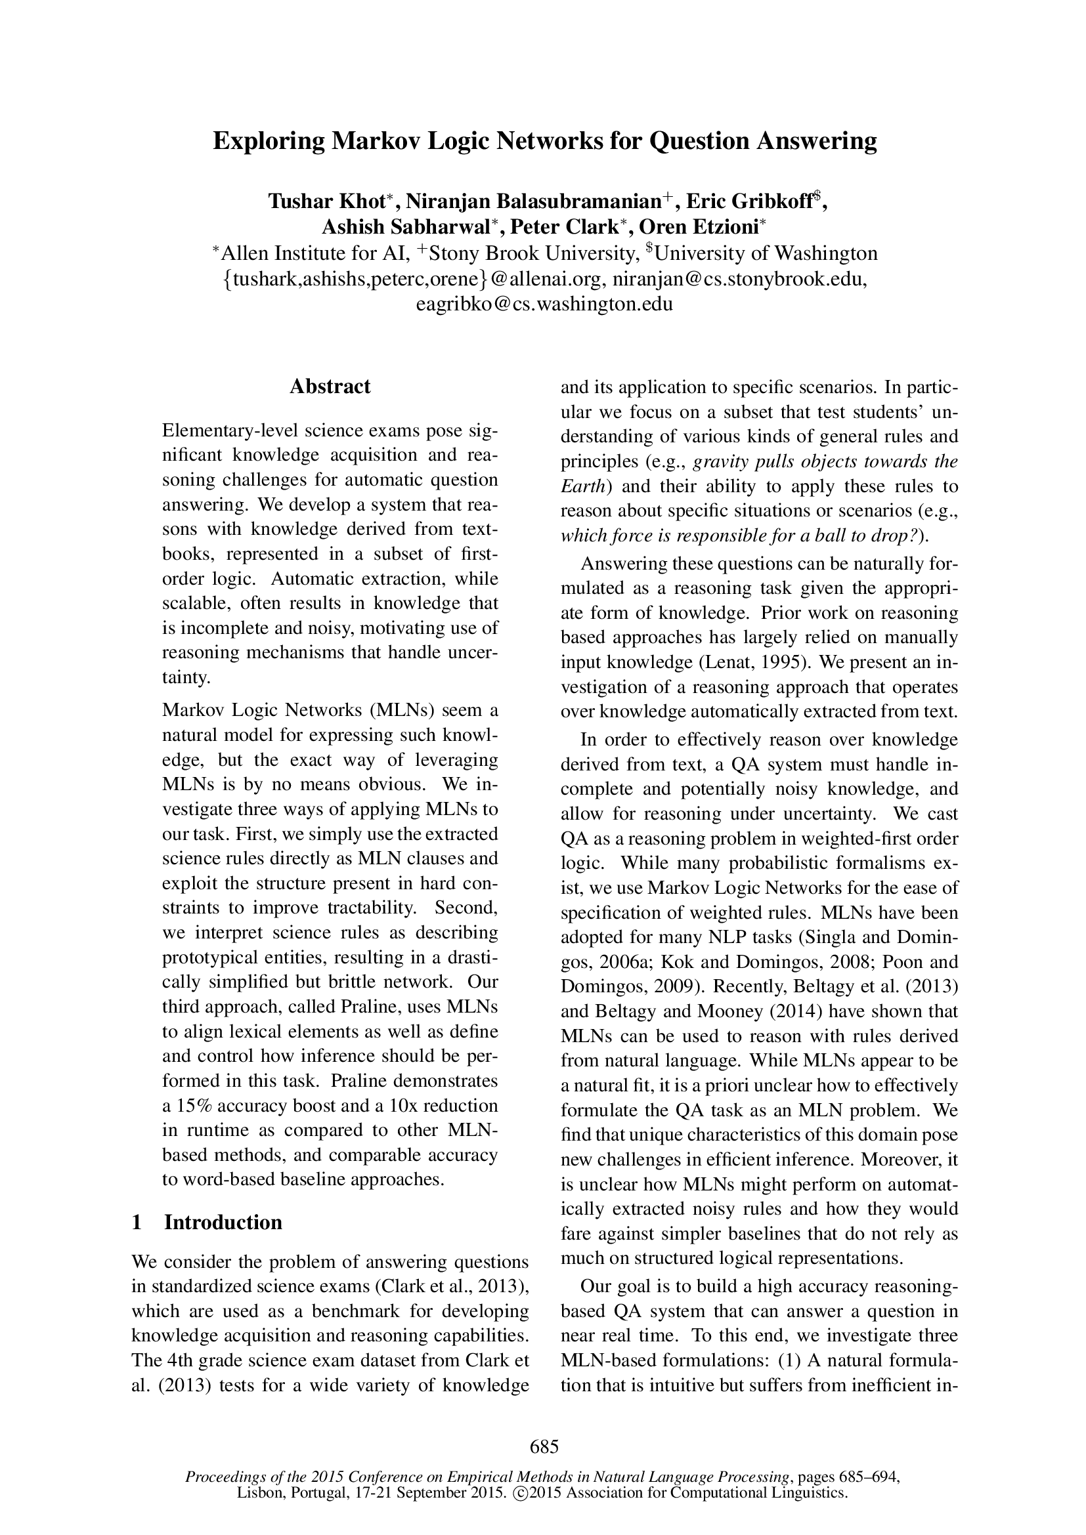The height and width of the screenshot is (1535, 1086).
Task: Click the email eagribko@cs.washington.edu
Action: click(x=544, y=305)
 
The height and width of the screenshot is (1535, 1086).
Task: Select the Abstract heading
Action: click(x=330, y=387)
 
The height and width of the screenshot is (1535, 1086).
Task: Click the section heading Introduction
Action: click(x=223, y=1221)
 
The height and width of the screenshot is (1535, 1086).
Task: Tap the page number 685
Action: click(x=544, y=1448)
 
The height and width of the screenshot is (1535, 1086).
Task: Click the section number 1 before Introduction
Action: click(x=137, y=1221)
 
